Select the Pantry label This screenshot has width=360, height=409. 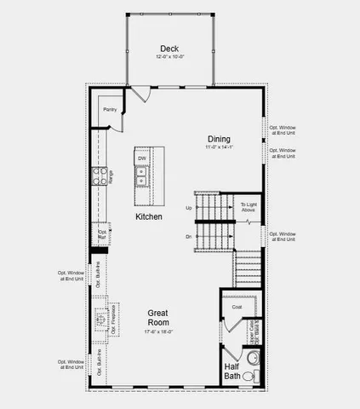point(110,110)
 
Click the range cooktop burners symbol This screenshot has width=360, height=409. point(99,177)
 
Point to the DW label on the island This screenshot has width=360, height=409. point(143,158)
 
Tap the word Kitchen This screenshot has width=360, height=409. point(149,218)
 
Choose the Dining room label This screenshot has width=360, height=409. point(220,139)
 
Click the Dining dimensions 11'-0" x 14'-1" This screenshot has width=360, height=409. point(220,147)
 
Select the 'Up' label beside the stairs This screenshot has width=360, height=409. point(188,208)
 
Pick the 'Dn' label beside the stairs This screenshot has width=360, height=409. point(188,236)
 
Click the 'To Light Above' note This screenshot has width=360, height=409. point(248,207)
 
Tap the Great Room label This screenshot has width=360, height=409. point(158,318)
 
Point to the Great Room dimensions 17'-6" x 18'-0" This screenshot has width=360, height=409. point(158,332)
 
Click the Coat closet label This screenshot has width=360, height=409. point(237,307)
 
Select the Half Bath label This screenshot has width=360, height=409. point(232,372)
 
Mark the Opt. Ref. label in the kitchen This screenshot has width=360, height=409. point(103,234)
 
